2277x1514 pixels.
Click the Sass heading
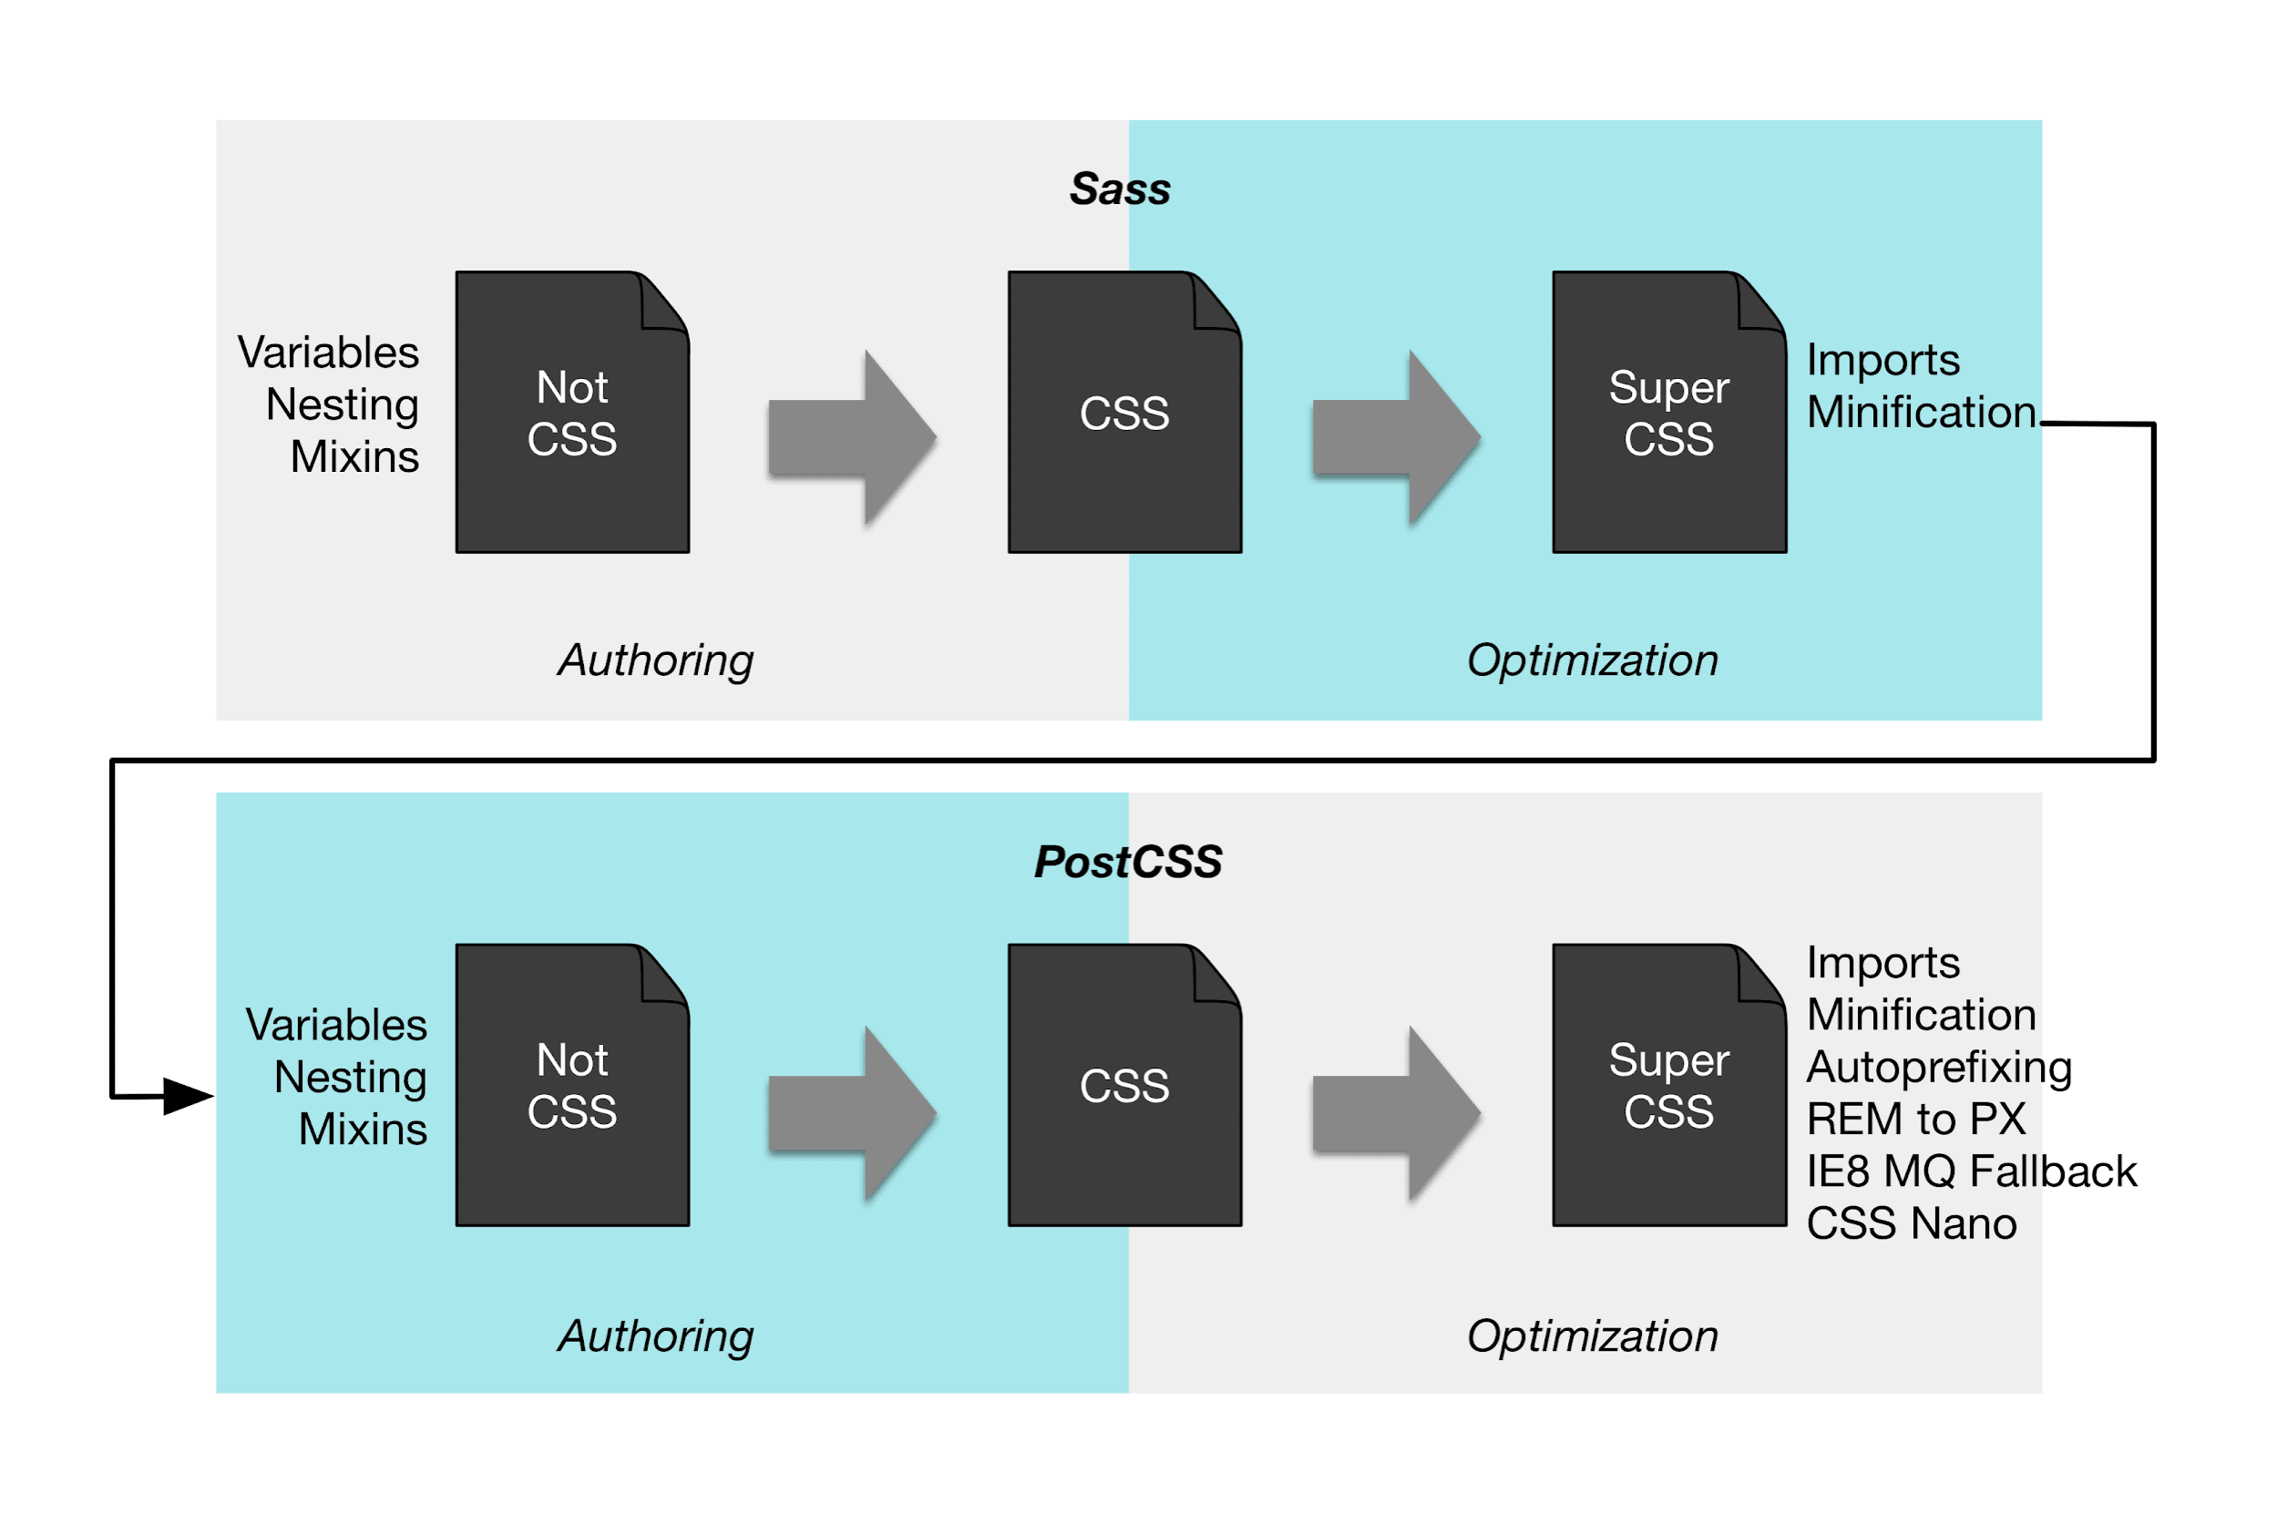pyautogui.click(x=1119, y=189)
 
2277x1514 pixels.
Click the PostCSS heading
pyautogui.click(x=1127, y=861)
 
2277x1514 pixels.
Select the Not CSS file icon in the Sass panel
pyautogui.click(x=572, y=413)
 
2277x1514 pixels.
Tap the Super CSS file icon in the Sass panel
pyautogui.click(x=1668, y=413)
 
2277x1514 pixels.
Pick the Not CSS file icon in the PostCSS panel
pyautogui.click(x=572, y=1085)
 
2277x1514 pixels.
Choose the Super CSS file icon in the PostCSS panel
pyautogui.click(x=1668, y=1085)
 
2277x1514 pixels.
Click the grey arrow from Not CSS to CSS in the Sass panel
pyautogui.click(x=853, y=438)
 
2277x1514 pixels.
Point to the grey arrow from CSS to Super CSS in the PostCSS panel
pyautogui.click(x=1396, y=1113)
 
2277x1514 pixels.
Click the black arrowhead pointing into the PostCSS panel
pyautogui.click(x=190, y=1096)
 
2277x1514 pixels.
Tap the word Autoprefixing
pyautogui.click(x=1939, y=1068)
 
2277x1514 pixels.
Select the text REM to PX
pyautogui.click(x=1916, y=1119)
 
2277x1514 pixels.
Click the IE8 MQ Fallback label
pyautogui.click(x=1972, y=1171)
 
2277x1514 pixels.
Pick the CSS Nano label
pyautogui.click(x=1912, y=1223)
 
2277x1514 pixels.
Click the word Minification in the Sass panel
pyautogui.click(x=1922, y=413)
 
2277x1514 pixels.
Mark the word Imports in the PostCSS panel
pyautogui.click(x=1883, y=964)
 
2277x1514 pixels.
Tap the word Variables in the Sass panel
pyautogui.click(x=328, y=353)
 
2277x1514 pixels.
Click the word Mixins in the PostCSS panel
pyautogui.click(x=363, y=1129)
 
